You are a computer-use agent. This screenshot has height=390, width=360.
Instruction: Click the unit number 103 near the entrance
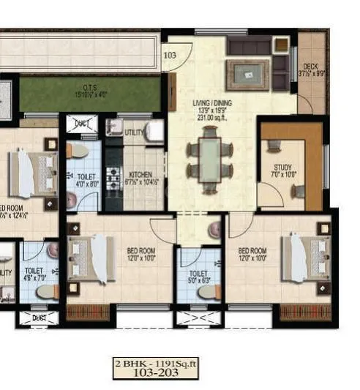point(170,55)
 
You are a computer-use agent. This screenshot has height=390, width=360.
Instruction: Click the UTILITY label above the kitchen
point(133,132)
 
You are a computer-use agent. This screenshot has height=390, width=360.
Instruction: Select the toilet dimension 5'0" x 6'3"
point(198,278)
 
